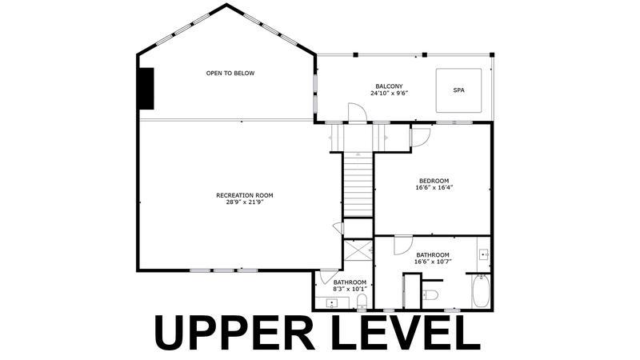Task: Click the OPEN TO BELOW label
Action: (230, 74)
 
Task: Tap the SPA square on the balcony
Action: (458, 90)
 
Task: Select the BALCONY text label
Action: (389, 86)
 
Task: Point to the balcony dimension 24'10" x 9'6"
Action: (389, 93)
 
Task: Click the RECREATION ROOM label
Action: (245, 195)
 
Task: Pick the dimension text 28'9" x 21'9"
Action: (245, 202)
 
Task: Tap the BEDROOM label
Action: (434, 181)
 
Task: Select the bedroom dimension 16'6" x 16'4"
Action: (434, 188)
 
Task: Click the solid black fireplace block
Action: (146, 89)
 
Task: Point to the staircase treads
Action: (358, 185)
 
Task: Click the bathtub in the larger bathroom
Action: (481, 291)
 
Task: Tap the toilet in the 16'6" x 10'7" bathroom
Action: (430, 294)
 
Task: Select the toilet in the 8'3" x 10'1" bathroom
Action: (362, 302)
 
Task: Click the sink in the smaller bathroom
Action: (332, 303)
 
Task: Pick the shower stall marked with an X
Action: (358, 250)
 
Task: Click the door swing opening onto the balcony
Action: (357, 112)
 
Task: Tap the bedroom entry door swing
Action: (421, 138)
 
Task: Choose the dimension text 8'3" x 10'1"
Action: (350, 289)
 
